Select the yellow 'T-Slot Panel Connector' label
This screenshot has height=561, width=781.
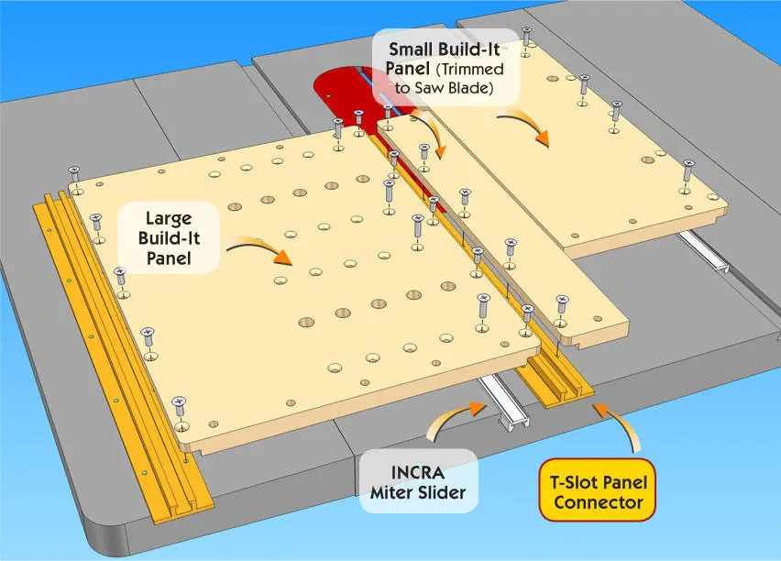coord(588,490)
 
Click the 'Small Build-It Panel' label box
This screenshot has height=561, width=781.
coord(447,70)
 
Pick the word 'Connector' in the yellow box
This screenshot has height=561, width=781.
coord(588,502)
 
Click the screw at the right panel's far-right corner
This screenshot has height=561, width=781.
coord(687,170)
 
